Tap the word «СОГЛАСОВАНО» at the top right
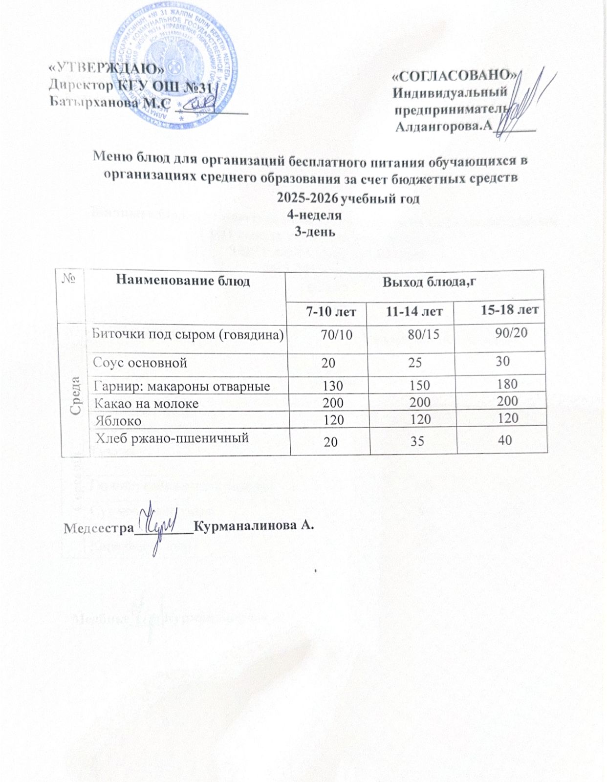(455, 75)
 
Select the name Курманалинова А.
(253, 526)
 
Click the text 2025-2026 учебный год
(348, 199)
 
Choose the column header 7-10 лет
(331, 311)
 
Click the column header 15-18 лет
(510, 309)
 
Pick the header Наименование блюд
(183, 281)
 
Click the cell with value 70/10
(336, 334)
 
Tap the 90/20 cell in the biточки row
(511, 332)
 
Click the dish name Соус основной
(141, 363)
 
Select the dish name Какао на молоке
(147, 404)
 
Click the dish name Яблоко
(118, 421)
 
